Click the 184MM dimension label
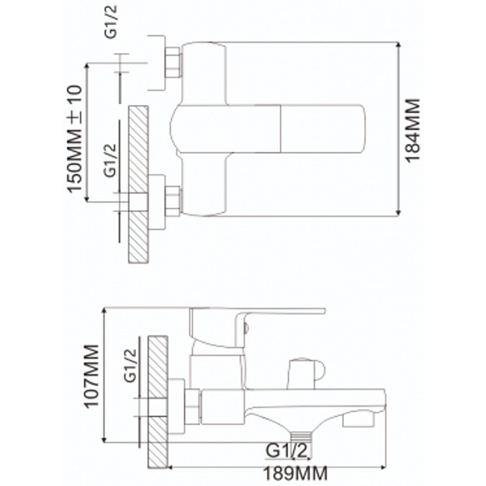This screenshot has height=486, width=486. (x=414, y=130)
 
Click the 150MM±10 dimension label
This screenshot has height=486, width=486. (x=75, y=139)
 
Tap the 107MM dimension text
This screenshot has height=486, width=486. (x=92, y=376)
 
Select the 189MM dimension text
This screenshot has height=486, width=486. (x=295, y=473)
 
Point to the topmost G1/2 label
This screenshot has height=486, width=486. (x=110, y=22)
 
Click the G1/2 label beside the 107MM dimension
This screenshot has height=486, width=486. (x=130, y=366)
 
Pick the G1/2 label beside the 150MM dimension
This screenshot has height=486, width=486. (x=110, y=160)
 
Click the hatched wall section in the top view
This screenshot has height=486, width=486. (x=138, y=185)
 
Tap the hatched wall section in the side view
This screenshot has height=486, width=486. (x=158, y=402)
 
